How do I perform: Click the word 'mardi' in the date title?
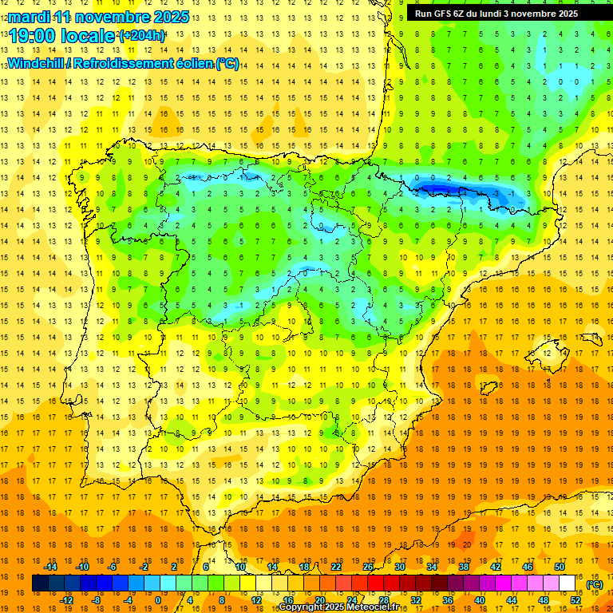(x=29, y=17)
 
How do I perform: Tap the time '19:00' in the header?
(x=32, y=36)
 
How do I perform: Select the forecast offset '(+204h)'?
(x=142, y=36)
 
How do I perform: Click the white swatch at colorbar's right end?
(x=567, y=583)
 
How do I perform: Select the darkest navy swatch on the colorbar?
(x=40, y=583)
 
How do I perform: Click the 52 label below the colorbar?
(x=575, y=599)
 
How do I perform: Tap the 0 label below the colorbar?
(x=159, y=599)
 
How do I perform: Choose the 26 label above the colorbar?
(x=368, y=567)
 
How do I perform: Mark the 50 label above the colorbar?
(x=560, y=567)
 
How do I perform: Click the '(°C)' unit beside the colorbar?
(x=594, y=583)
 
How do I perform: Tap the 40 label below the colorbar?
(x=480, y=599)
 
